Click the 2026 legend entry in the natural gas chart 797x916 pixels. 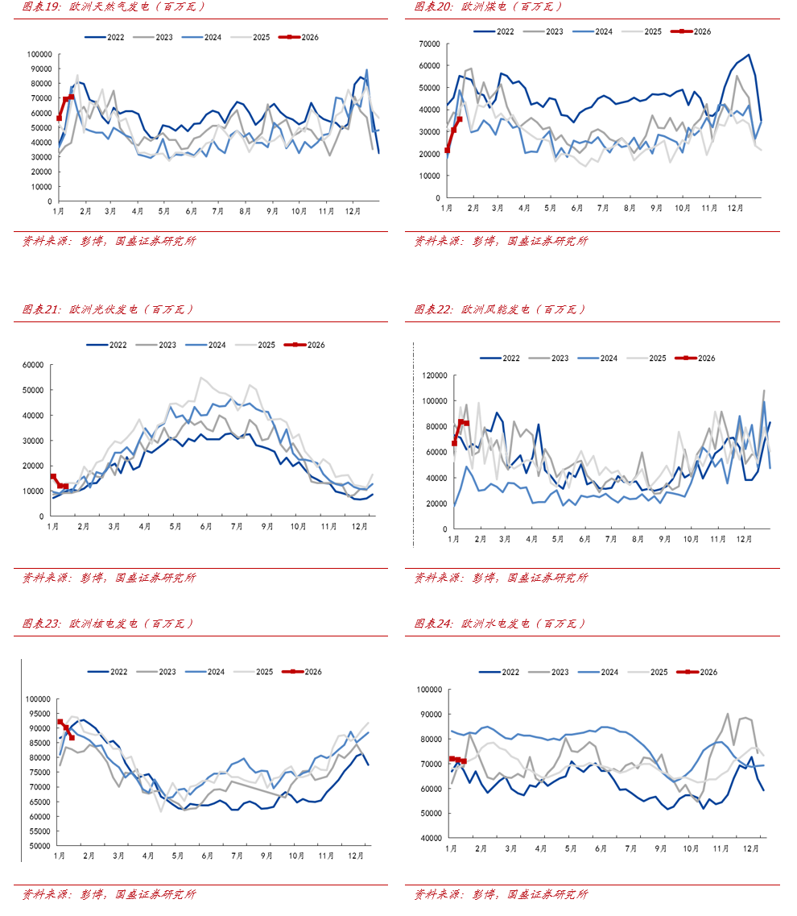299,37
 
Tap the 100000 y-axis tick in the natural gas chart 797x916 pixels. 39,55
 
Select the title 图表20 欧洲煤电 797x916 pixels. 488,6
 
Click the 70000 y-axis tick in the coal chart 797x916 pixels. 427,44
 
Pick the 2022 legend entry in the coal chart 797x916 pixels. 494,31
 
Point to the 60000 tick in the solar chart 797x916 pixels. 32,365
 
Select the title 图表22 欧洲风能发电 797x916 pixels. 499,309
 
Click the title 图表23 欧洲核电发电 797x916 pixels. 108,623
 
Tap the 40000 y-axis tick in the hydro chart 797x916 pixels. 427,839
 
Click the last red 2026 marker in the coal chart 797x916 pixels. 460,119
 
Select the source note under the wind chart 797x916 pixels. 501,577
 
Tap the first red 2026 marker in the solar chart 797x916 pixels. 53,477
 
